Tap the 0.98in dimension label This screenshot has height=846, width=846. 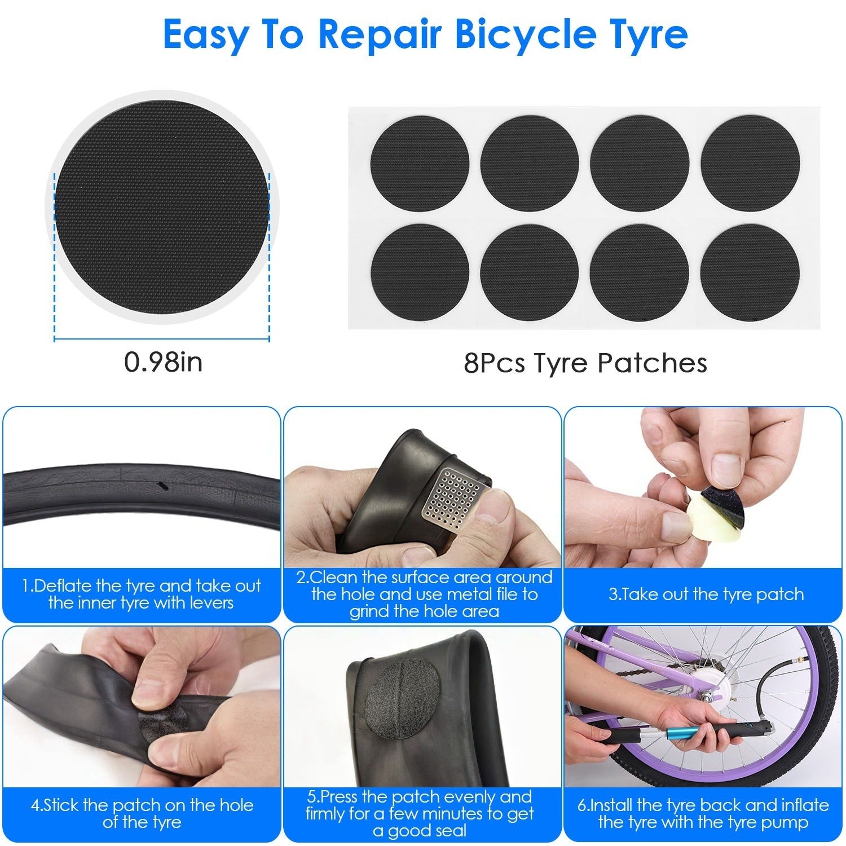tap(163, 362)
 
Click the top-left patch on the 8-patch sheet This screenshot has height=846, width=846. tap(420, 164)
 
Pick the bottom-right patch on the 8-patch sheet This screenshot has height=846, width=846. tap(750, 272)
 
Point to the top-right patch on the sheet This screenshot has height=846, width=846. tap(750, 164)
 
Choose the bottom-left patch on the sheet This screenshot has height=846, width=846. tap(420, 272)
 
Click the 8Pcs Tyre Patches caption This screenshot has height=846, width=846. tap(585, 363)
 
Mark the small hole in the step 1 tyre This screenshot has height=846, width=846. tap(163, 484)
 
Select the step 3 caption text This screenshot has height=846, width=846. tap(706, 594)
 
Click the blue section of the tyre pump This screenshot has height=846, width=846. tap(680, 735)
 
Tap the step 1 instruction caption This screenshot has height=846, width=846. tap(141, 594)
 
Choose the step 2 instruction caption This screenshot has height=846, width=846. tap(424, 594)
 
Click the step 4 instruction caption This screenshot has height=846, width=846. tap(142, 813)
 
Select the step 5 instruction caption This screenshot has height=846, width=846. tap(419, 813)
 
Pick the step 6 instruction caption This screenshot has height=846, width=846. tap(703, 813)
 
